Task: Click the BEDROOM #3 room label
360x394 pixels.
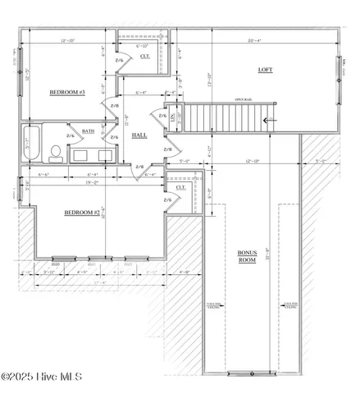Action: tap(67, 93)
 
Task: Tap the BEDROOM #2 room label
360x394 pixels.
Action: tap(82, 213)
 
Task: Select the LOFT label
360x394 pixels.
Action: tap(265, 70)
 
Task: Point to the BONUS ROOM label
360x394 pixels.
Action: tap(247, 255)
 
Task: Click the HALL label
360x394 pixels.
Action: tap(139, 135)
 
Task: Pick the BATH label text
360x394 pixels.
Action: tap(87, 131)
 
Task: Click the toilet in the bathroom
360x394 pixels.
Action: tap(54, 153)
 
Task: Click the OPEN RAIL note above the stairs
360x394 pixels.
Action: tap(244, 100)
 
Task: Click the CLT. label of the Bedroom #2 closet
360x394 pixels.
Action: tap(180, 188)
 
